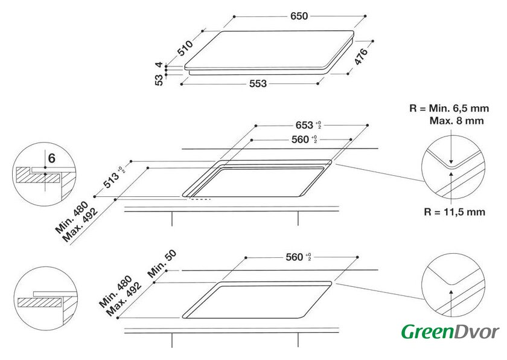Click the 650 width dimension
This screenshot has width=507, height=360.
[299, 16]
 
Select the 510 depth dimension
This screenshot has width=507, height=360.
[186, 48]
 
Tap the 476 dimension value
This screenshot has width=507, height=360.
[361, 57]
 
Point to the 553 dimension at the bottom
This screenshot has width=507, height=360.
[258, 84]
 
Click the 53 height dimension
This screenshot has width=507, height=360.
[159, 80]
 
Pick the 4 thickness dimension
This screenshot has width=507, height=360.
[159, 65]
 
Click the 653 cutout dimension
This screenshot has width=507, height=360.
[305, 125]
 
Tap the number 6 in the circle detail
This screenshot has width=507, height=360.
[52, 158]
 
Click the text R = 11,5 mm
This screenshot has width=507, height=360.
[454, 212]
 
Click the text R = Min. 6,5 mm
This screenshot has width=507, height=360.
[449, 108]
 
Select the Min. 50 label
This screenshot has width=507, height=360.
[162, 264]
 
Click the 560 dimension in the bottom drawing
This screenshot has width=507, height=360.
[295, 257]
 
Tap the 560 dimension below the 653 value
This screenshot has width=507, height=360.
[301, 140]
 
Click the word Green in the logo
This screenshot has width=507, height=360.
[427, 332]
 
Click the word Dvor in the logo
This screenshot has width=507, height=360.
[477, 332]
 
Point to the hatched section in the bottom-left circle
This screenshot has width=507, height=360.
[40, 303]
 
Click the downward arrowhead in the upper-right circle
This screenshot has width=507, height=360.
[451, 162]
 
